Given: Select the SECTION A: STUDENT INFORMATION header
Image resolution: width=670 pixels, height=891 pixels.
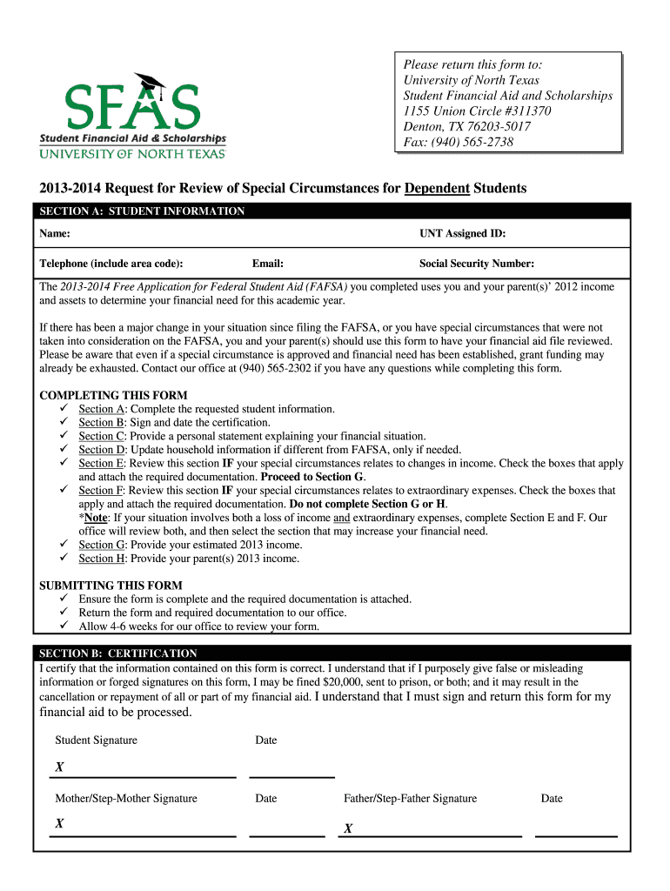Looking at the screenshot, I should [x=142, y=211].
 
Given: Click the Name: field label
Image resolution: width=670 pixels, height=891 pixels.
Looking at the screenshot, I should [x=55, y=234].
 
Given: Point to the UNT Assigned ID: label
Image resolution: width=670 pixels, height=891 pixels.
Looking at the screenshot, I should [x=462, y=234].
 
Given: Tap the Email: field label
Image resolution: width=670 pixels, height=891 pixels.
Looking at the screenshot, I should [x=268, y=264].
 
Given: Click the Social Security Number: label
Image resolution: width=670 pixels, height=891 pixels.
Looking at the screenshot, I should [x=477, y=264].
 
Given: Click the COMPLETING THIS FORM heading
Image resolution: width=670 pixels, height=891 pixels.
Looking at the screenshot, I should [x=113, y=395].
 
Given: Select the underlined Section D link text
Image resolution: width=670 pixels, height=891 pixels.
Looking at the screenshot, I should [x=102, y=450].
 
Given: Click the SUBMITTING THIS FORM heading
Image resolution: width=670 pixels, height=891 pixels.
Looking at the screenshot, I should [x=111, y=586].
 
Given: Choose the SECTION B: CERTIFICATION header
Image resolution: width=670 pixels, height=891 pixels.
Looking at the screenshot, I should [x=118, y=653].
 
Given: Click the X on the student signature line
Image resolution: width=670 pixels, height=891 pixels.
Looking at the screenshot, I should [x=59, y=767].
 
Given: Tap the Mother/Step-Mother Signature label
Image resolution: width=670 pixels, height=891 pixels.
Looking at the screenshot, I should [x=126, y=799].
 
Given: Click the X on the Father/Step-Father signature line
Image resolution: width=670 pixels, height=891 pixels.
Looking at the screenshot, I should [x=348, y=828].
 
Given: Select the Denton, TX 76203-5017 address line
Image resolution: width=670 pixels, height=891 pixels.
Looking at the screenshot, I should [x=467, y=127].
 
